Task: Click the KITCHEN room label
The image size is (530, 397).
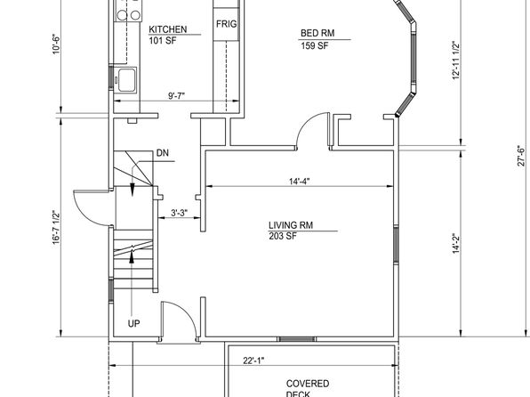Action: [x=168, y=29]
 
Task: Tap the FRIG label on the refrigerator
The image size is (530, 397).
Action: [x=226, y=24]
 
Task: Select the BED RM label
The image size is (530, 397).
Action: [x=317, y=33]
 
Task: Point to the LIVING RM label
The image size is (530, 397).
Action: [x=291, y=225]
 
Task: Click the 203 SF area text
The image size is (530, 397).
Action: [x=283, y=236]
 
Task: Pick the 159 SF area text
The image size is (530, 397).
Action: [x=314, y=45]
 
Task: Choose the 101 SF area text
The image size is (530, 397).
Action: [x=163, y=41]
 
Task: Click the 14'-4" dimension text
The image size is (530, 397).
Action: [x=299, y=182]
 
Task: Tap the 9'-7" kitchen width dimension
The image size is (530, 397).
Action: [x=176, y=96]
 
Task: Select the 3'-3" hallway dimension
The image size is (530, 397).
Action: [x=179, y=214]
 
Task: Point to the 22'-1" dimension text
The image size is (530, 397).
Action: [x=253, y=361]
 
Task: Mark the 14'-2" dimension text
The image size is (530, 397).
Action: [x=456, y=243]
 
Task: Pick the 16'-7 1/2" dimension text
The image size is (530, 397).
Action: [x=56, y=227]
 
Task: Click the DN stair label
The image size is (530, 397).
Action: [x=162, y=153]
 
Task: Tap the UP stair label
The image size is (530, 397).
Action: [x=133, y=323]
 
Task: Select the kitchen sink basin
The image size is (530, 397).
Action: [x=127, y=80]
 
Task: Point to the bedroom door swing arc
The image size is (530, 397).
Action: [x=306, y=122]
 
